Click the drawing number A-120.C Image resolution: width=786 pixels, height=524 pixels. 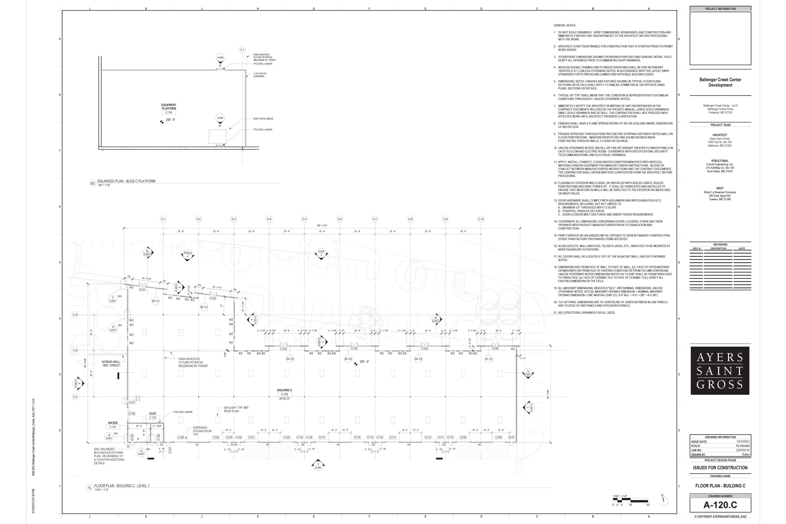tap(720, 504)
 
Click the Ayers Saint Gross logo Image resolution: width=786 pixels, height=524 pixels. tap(720, 370)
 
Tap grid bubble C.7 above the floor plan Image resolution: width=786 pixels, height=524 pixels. tap(375, 219)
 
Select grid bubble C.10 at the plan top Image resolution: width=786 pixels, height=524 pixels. tap(481, 219)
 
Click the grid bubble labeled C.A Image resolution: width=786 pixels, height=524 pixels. tap(75, 315)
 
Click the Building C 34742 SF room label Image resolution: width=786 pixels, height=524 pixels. tap(284, 394)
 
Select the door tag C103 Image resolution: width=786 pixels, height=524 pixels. tap(283, 349)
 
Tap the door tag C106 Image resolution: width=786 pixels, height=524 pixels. tap(495, 349)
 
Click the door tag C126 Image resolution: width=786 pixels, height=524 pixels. tap(181, 437)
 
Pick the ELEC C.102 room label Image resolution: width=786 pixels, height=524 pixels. tap(152, 415)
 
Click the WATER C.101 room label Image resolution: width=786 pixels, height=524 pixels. tap(113, 425)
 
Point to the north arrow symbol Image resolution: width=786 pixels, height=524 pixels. tap(664, 501)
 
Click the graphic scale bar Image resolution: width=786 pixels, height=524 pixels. tap(630, 500)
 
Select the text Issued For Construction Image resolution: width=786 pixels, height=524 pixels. tap(720, 468)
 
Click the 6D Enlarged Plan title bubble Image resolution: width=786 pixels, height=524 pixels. tap(92, 183)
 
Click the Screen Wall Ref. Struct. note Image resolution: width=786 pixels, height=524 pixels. tap(111, 364)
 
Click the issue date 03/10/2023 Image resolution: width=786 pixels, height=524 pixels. tap(743, 441)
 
